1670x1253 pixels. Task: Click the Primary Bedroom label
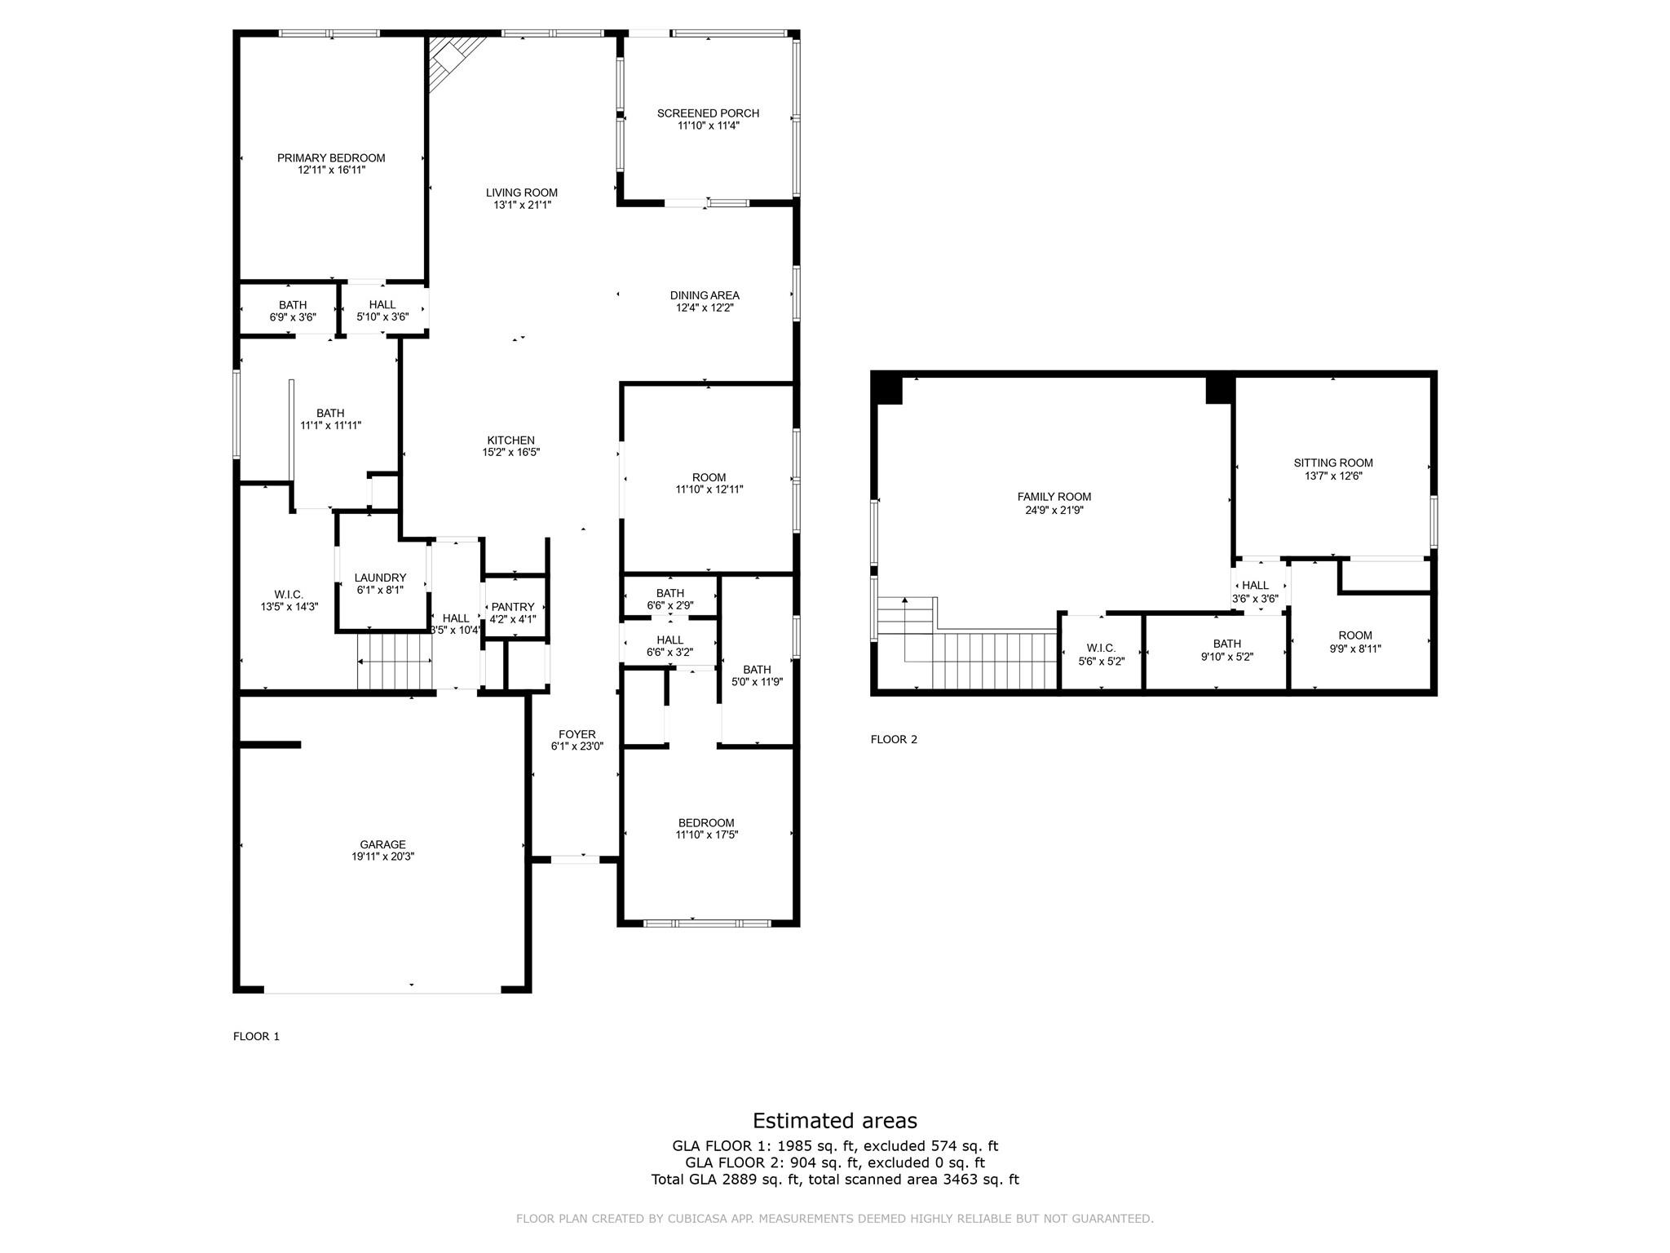click(x=330, y=158)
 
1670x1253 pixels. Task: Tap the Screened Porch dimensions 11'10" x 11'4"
click(x=708, y=126)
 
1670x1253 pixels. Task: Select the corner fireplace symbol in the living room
click(x=451, y=60)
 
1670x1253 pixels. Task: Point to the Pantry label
click(x=513, y=607)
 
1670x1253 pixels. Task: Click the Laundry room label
click(x=380, y=578)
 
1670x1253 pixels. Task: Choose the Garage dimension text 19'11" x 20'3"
click(x=382, y=857)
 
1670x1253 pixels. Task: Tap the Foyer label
click(x=577, y=734)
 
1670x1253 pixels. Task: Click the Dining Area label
click(x=705, y=295)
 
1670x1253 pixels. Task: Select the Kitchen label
click(x=510, y=441)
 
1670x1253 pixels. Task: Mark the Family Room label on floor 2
click(x=1054, y=497)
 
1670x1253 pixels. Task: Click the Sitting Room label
click(x=1332, y=463)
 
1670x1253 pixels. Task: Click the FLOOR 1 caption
click(x=256, y=1036)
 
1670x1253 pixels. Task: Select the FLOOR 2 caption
click(x=894, y=739)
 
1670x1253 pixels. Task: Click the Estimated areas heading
click(x=834, y=1120)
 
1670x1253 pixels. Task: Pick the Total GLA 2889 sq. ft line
click(x=834, y=1179)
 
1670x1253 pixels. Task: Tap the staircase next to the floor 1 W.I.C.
click(x=395, y=662)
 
